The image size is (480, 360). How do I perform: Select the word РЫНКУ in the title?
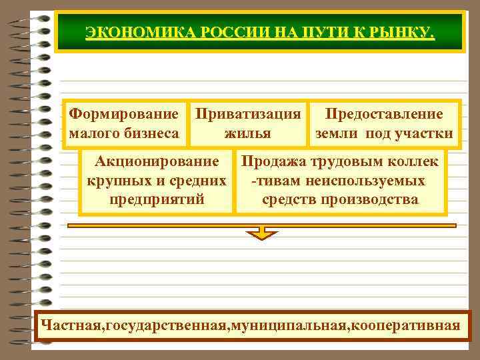403,31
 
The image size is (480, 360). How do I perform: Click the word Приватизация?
247,114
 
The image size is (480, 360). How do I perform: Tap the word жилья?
247,133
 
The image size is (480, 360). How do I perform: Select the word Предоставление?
383,114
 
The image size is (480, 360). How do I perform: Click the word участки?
423,133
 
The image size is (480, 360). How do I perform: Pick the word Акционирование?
157,161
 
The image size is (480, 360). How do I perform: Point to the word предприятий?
157,199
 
